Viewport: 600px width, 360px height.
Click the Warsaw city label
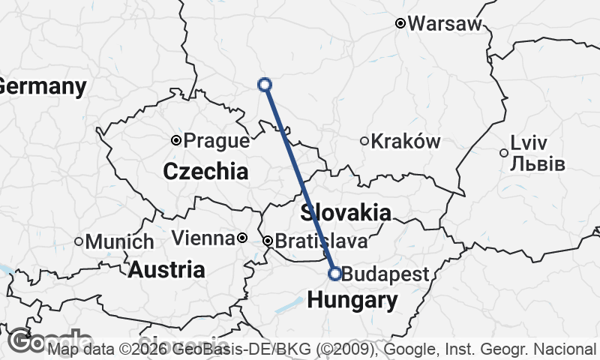coord(445,23)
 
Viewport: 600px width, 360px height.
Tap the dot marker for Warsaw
coord(400,24)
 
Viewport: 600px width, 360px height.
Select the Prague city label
coord(216,140)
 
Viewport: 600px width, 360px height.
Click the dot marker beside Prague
coord(176,140)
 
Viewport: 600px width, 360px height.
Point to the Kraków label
coord(406,141)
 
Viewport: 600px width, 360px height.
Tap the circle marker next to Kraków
coord(364,141)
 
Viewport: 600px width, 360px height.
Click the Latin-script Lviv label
coord(529,142)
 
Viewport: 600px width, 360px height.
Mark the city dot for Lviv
coord(504,153)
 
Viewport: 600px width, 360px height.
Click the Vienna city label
coord(202,238)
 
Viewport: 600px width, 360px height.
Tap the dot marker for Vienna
coord(241,238)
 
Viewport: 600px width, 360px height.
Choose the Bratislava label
coord(321,241)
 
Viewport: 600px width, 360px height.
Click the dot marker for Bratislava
coord(268,241)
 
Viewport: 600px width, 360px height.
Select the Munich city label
coord(119,242)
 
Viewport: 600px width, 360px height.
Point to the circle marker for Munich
coord(79,241)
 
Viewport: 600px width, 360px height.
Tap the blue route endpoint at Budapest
coord(335,274)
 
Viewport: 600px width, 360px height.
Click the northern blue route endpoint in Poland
coord(265,85)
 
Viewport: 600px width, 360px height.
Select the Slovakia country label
coord(346,212)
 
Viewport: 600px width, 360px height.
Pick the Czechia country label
coord(205,171)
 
